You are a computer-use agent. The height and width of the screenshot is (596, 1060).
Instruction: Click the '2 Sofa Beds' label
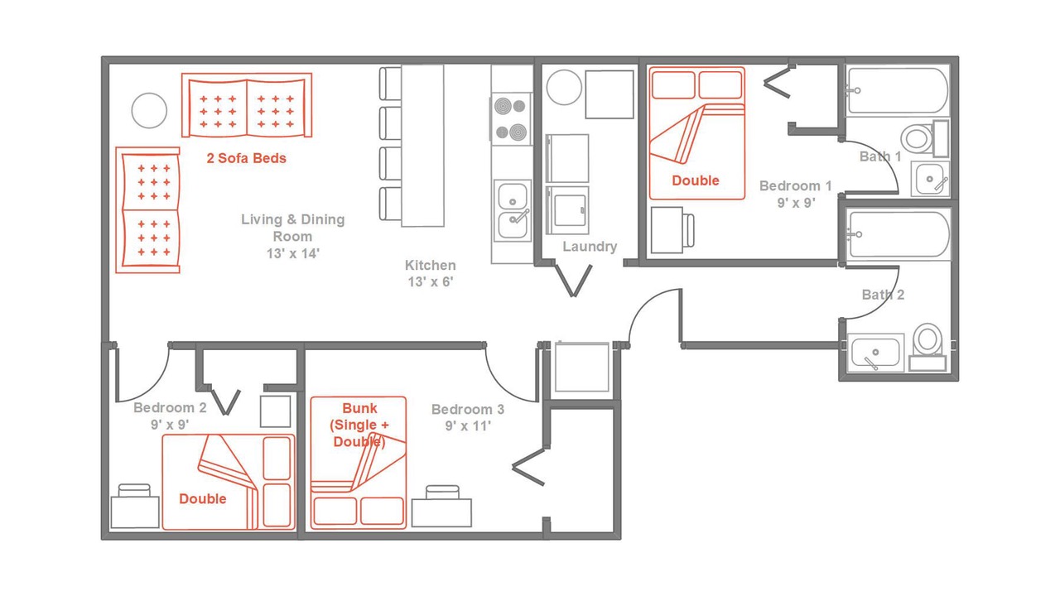click(x=246, y=158)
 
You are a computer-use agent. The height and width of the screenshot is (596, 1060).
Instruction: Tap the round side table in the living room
click(x=149, y=110)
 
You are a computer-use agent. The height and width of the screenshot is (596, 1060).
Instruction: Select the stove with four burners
click(x=511, y=118)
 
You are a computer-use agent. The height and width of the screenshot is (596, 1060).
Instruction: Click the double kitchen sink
click(x=513, y=210)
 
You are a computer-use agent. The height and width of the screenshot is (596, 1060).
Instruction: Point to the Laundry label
click(x=590, y=247)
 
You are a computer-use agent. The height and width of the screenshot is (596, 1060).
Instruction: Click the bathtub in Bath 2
click(x=899, y=234)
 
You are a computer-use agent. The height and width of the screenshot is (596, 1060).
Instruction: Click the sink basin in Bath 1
click(x=930, y=180)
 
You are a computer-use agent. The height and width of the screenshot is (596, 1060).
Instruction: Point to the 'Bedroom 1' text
click(x=796, y=186)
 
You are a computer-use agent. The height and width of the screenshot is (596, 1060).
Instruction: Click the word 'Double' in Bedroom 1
click(x=695, y=180)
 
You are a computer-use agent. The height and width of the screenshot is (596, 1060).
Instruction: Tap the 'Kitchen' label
click(x=430, y=265)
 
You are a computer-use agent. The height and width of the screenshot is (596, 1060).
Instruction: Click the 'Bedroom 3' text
click(x=468, y=409)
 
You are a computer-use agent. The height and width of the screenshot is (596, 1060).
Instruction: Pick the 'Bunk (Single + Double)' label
click(x=359, y=425)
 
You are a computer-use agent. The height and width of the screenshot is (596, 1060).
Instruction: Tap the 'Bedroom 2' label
click(x=170, y=408)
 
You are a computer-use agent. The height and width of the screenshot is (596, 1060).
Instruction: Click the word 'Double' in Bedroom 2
click(x=203, y=498)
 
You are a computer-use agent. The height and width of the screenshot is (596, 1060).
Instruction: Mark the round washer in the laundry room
click(x=564, y=88)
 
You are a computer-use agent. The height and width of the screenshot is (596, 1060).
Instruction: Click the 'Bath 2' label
click(x=883, y=295)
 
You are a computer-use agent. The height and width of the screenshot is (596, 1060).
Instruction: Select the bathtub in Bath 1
click(x=898, y=90)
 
